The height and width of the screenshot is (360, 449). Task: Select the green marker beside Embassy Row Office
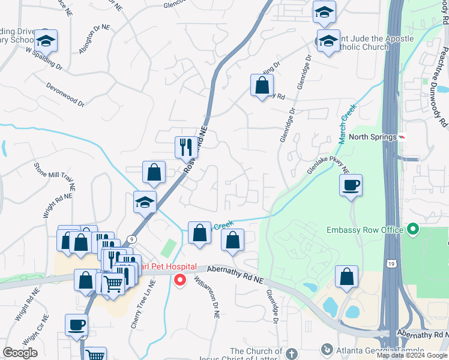412,229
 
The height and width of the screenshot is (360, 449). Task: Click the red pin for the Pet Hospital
179,280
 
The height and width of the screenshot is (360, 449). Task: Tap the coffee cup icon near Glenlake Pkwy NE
351,185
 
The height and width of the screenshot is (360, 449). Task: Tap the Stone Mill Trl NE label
54,176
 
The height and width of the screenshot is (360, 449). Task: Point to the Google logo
20,352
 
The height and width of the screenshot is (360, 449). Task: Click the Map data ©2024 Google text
412,355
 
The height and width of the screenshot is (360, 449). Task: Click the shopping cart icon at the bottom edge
95,355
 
